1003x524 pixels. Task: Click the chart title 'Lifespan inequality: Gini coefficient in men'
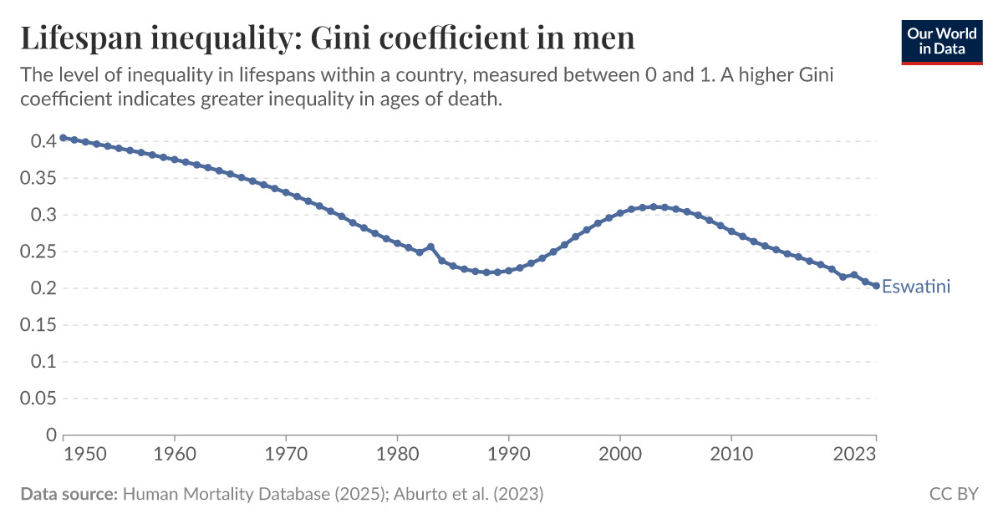pos(328,38)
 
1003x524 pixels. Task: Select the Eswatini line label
pos(916,287)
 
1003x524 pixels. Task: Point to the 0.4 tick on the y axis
pos(43,142)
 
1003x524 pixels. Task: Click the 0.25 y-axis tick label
pos(38,252)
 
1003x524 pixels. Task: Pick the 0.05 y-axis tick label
pos(38,399)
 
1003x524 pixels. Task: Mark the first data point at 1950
pos(64,138)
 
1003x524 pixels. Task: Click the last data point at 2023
pos(876,286)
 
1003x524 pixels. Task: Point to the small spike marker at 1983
pos(430,247)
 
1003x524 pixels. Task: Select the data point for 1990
pos(508,271)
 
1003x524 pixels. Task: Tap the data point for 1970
pos(286,192)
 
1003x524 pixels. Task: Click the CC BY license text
pos(954,494)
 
